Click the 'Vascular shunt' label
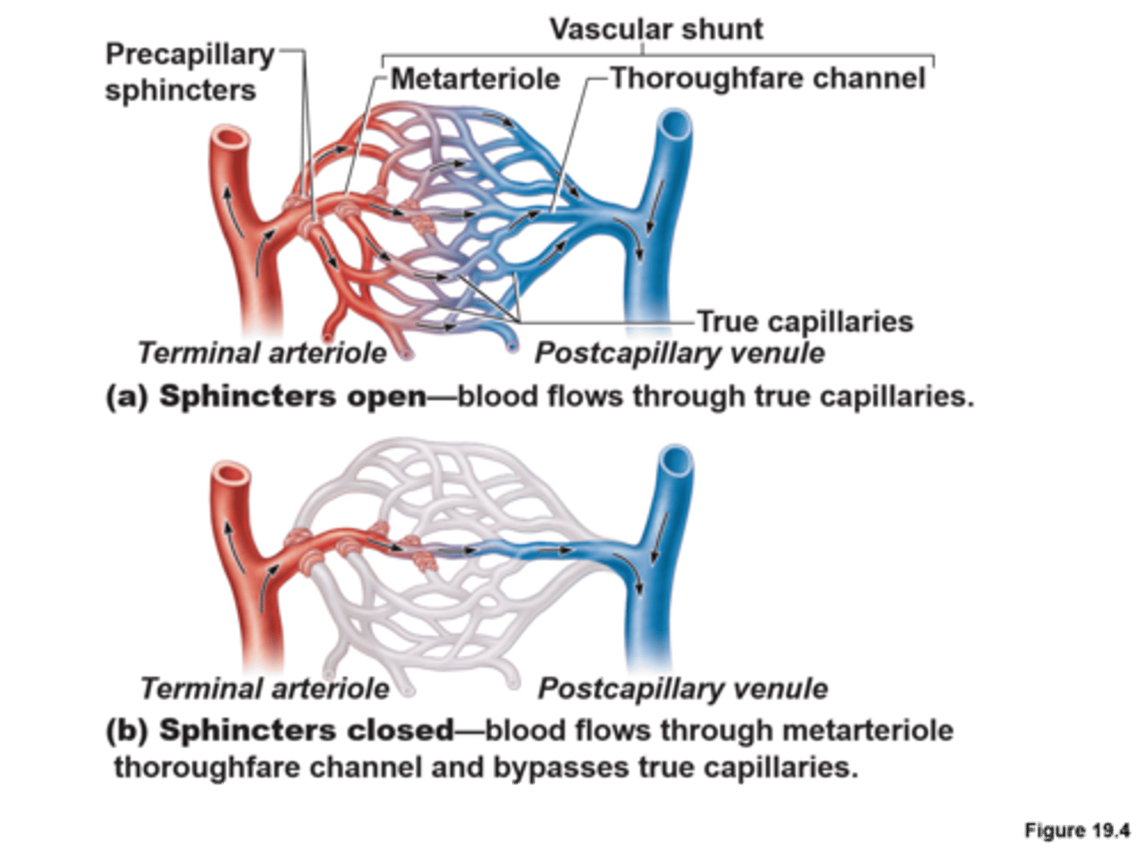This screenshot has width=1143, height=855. (656, 29)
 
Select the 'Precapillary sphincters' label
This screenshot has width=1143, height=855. (189, 72)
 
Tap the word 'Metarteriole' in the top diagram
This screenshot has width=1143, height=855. (475, 79)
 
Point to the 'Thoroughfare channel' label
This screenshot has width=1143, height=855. (768, 79)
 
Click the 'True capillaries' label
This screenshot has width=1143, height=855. (805, 322)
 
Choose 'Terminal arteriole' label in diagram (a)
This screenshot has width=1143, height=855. (262, 352)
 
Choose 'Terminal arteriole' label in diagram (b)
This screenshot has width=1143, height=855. (264, 688)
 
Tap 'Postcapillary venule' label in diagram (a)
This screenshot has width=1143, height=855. (679, 352)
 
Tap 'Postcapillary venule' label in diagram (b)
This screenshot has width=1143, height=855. (683, 688)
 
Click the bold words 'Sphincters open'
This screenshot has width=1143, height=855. (293, 395)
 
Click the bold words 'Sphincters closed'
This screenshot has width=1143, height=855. (306, 730)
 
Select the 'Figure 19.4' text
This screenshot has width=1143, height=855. (1076, 831)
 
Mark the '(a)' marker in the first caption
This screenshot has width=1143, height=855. (127, 395)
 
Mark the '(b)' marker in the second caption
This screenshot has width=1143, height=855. (127, 730)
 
